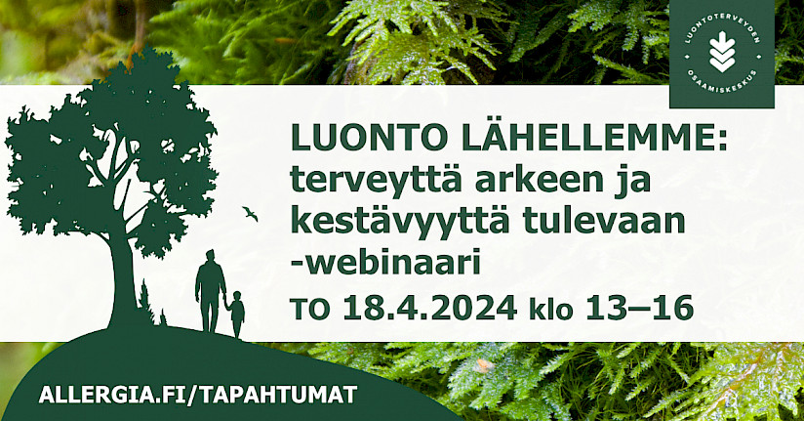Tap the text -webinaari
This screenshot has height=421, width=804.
(x=385, y=263)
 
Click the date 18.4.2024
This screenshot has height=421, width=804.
(x=429, y=309)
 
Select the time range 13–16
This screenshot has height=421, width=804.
(x=639, y=309)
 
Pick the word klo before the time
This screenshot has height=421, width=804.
(x=550, y=309)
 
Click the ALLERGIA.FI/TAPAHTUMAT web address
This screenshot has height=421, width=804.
(x=198, y=395)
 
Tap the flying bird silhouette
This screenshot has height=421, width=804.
(x=250, y=213)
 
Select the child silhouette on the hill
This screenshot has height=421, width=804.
(x=236, y=314)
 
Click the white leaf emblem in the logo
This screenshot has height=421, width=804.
(x=722, y=53)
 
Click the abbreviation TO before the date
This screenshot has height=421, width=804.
(x=310, y=310)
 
